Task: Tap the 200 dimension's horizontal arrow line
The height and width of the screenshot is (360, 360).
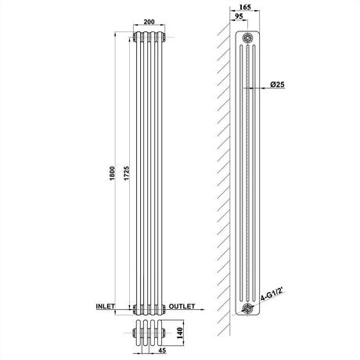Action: click(149, 31)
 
